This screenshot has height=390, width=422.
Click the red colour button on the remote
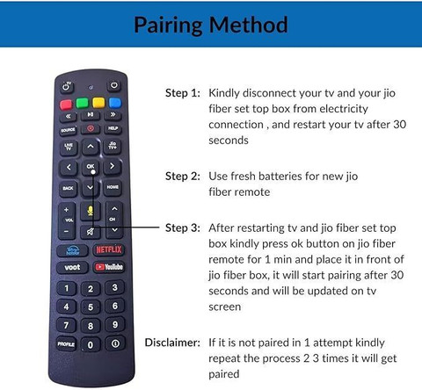[66, 105]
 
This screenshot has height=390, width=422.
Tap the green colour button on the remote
[83, 103]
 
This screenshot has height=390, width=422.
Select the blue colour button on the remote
[115, 103]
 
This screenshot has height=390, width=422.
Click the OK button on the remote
[91, 167]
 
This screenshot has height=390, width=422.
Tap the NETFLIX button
[109, 249]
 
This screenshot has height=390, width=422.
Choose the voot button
[72, 267]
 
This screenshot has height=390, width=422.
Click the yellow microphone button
[91, 212]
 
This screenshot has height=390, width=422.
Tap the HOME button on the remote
[113, 187]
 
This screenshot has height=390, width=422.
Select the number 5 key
[91, 307]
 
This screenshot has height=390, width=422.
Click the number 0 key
[91, 345]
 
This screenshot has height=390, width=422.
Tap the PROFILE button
[66, 344]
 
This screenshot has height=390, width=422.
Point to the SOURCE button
[68, 130]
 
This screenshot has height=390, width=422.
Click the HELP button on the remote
[113, 128]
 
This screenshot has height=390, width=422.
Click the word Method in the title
[248, 25]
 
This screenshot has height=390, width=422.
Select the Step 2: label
[183, 177]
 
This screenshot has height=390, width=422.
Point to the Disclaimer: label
[172, 343]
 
